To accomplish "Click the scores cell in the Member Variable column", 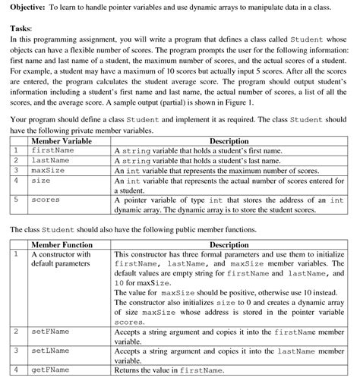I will coord(45,200).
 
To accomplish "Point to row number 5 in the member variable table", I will coord(15,200).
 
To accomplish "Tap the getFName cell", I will coord(49,370).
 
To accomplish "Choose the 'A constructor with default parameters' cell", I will coord(61,260).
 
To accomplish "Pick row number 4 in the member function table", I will coord(15,370).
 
